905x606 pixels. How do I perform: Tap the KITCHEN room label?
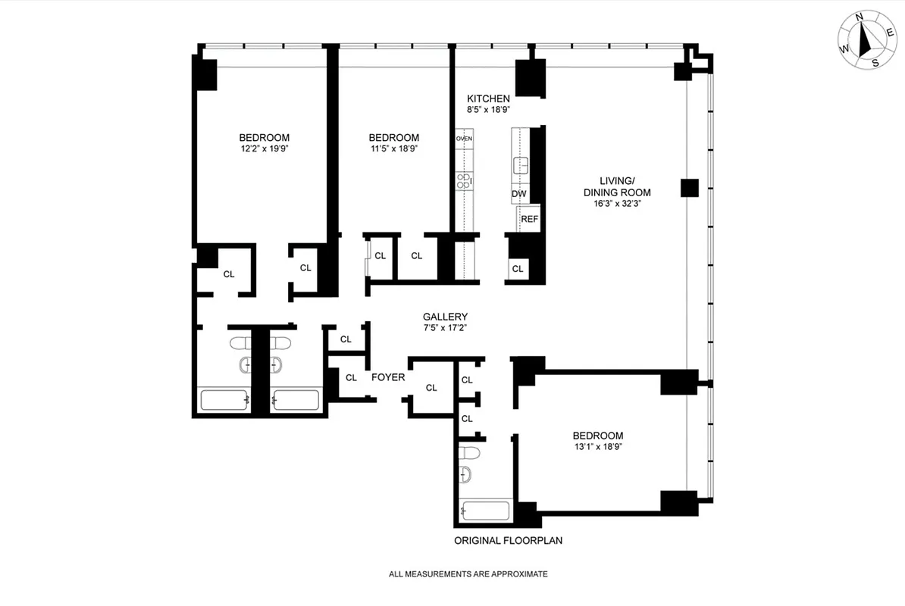(488, 98)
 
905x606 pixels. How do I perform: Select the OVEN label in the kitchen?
(464, 139)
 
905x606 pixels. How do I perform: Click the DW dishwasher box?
(519, 194)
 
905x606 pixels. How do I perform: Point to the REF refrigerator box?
(529, 219)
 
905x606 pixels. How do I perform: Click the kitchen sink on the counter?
(520, 164)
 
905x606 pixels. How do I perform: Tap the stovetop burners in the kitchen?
(463, 180)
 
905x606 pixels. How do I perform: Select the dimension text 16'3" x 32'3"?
(616, 203)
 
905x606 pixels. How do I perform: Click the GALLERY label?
(445, 317)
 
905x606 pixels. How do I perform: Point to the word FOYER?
(387, 377)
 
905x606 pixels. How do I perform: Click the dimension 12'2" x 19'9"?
(264, 148)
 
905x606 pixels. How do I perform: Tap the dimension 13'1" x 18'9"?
(597, 446)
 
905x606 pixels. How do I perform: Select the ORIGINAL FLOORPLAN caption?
(508, 541)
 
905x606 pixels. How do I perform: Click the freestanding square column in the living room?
(688, 188)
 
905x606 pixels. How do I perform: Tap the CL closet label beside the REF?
(518, 269)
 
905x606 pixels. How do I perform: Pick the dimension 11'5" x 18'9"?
(393, 148)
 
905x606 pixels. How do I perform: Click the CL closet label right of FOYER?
(431, 388)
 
